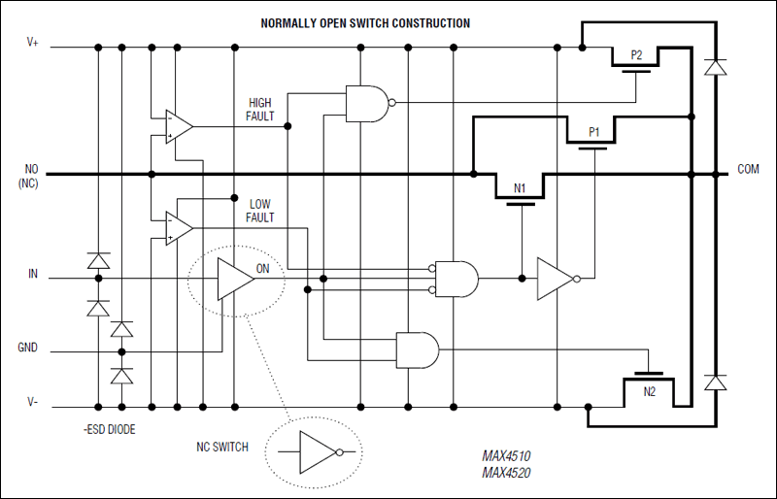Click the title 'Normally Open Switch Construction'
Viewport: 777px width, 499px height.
(x=365, y=22)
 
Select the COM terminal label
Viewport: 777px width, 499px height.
(x=748, y=169)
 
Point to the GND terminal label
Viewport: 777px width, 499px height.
(x=29, y=347)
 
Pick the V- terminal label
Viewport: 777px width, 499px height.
(x=32, y=402)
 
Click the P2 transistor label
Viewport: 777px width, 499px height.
(x=636, y=55)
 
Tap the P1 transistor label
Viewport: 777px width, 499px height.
(x=594, y=131)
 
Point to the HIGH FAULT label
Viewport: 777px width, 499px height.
(x=260, y=109)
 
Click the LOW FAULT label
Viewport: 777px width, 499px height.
(x=260, y=211)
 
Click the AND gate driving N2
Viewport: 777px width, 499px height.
(x=417, y=349)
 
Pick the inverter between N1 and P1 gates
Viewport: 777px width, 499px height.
(x=557, y=279)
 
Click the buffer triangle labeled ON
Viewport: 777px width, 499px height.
(x=234, y=280)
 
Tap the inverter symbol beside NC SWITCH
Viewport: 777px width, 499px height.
(x=319, y=452)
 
